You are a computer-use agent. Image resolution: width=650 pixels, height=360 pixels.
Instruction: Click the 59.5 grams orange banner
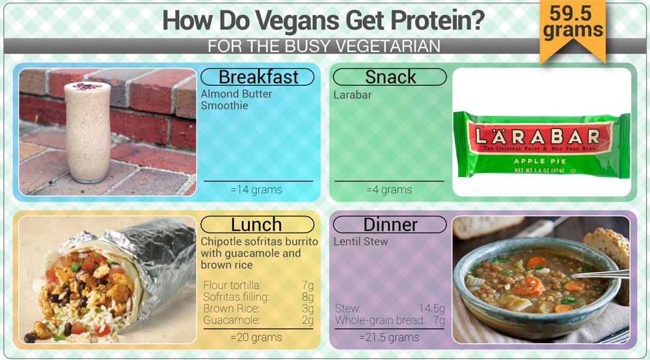coord(573,29)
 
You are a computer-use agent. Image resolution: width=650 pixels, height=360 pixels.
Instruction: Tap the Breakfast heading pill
coord(257,77)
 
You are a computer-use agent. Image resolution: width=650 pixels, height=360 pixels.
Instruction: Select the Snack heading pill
coord(390,77)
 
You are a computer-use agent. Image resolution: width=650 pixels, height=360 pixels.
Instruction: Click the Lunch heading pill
coord(257,225)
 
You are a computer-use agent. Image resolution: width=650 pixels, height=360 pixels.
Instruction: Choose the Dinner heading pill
coord(390,225)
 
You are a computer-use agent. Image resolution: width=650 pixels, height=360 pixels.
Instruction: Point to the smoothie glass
coord(87,132)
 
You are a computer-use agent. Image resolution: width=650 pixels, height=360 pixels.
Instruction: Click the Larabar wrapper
coord(542,145)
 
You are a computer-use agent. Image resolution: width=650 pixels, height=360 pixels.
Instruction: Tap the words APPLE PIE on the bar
coord(540,161)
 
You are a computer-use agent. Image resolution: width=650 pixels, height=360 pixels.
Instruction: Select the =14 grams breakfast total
coord(256,190)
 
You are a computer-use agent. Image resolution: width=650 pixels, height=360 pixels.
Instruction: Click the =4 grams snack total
coord(389,190)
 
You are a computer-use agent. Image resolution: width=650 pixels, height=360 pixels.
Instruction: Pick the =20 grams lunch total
coord(256,338)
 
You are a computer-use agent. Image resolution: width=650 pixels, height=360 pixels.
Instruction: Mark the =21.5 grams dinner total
coord(389,338)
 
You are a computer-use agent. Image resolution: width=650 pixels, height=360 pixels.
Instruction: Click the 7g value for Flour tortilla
coord(308,285)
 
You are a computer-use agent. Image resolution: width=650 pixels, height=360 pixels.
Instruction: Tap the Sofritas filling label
coord(236,297)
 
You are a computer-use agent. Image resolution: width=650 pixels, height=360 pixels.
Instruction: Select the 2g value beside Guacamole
coord(308,320)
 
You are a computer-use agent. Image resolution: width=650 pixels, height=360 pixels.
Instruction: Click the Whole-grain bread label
coord(380,320)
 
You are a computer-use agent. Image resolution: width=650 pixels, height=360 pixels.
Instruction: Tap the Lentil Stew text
coord(360,242)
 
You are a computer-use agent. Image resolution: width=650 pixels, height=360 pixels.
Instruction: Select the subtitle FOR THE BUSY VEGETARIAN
coord(324,46)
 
